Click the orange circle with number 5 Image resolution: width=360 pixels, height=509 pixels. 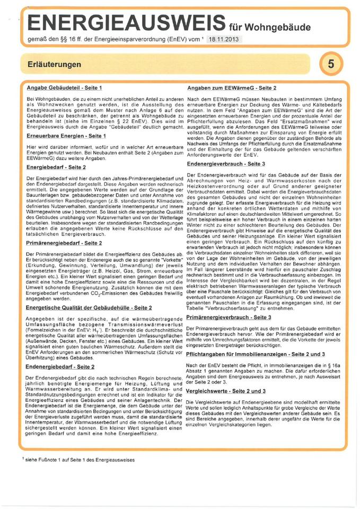(x=331, y=64)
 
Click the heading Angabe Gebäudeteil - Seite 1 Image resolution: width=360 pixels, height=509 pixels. (x=64, y=86)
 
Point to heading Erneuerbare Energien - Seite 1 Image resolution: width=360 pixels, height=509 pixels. (x=65, y=136)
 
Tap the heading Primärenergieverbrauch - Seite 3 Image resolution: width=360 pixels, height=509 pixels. (x=237, y=317)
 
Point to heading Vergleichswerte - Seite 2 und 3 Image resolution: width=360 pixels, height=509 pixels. (x=234, y=391)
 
